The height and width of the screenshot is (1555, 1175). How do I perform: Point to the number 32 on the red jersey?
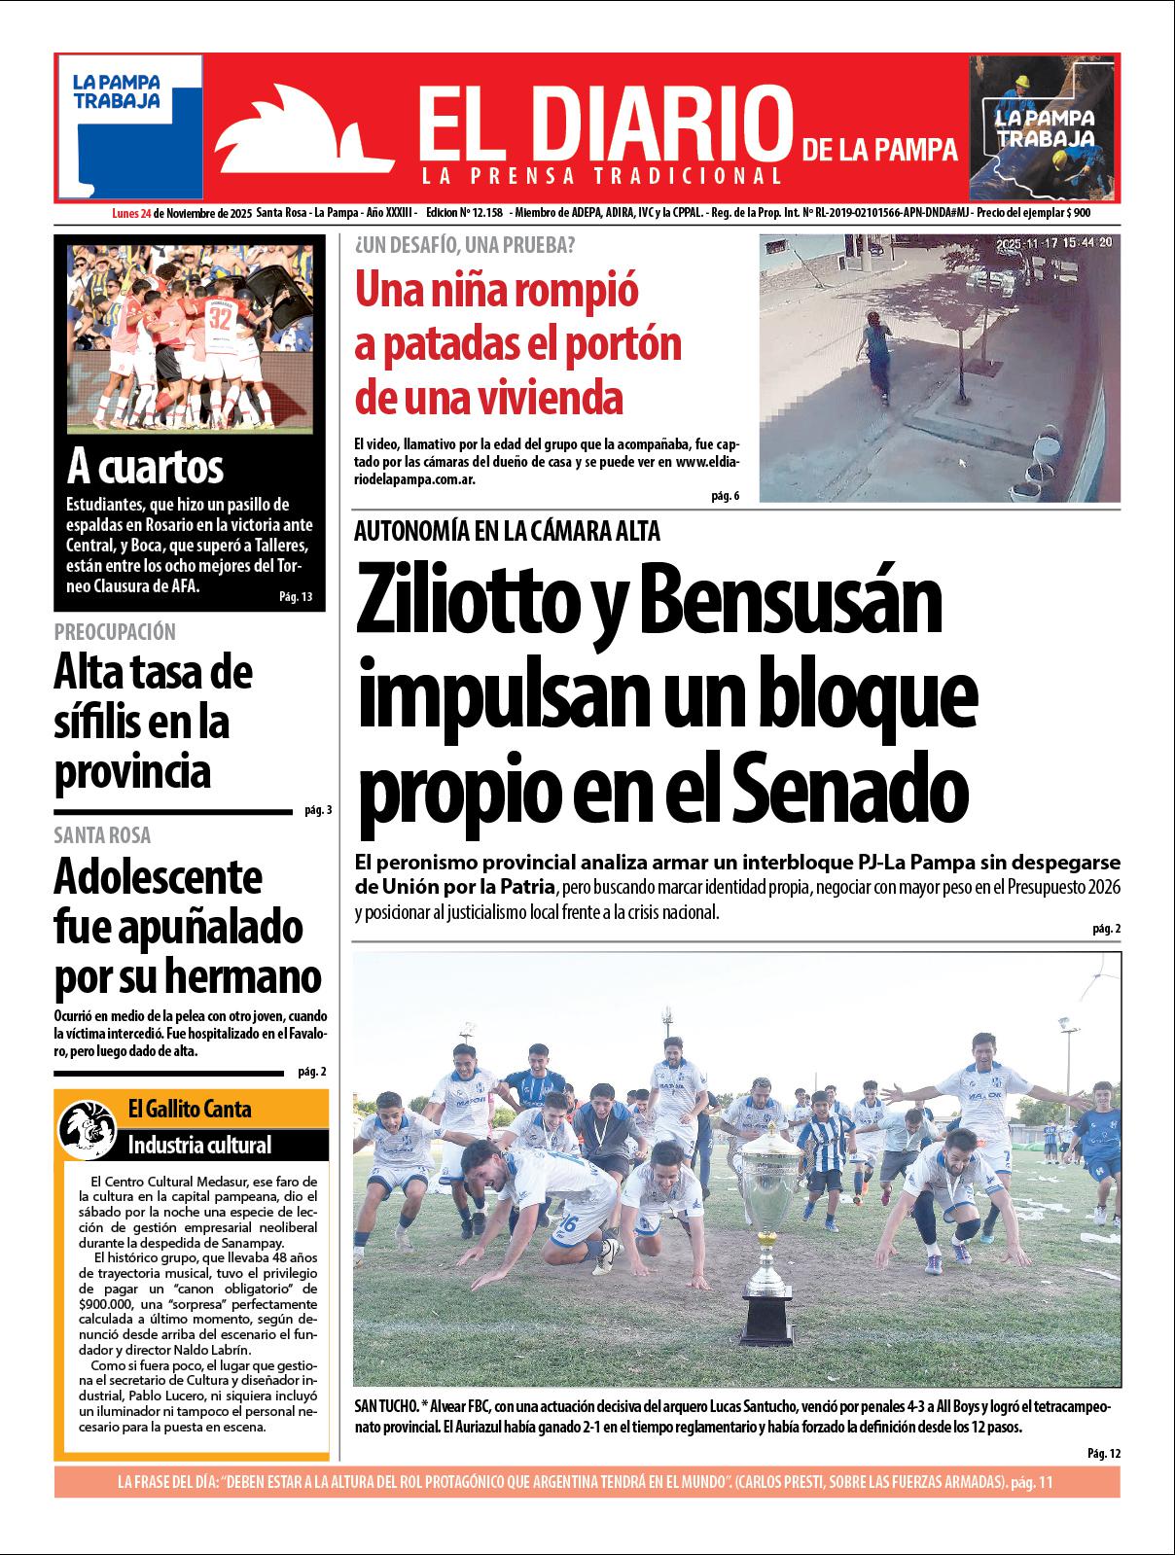(221, 316)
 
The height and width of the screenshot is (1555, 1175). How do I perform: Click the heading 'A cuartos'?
(145, 467)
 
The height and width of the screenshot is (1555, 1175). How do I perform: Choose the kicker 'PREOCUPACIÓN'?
(115, 632)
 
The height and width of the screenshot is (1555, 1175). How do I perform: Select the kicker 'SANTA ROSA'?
(102, 835)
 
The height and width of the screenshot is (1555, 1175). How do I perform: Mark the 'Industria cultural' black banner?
(199, 1145)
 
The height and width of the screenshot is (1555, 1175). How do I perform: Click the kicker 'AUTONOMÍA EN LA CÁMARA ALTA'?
(507, 531)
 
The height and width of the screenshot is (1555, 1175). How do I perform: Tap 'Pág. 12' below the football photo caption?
(1104, 1453)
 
